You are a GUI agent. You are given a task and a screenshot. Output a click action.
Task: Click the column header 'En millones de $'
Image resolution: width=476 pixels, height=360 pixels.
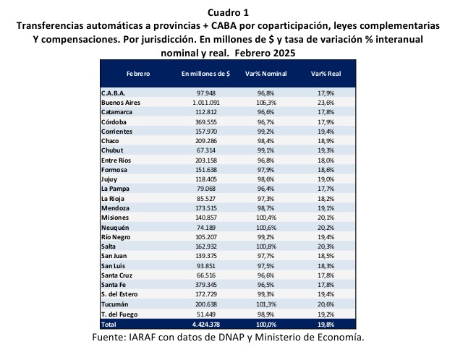point(206,74)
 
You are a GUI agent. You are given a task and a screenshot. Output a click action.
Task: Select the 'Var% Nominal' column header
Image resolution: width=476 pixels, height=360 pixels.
point(266,74)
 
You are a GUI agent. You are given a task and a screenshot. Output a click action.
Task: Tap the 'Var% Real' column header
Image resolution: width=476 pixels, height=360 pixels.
point(326,74)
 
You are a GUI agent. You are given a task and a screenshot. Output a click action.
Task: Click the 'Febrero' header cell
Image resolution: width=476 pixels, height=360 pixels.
point(138,74)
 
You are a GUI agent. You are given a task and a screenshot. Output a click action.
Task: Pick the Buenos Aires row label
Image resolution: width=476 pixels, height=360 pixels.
point(121,103)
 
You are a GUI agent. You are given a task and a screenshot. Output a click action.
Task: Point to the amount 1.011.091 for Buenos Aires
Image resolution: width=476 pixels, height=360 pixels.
point(206,103)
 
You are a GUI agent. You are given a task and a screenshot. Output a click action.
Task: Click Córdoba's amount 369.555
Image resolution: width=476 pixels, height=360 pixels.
point(206,122)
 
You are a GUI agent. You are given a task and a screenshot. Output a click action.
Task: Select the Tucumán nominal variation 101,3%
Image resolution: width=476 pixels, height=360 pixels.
point(266,304)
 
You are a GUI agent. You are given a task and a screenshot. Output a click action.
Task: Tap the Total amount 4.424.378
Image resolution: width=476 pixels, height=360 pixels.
point(206,324)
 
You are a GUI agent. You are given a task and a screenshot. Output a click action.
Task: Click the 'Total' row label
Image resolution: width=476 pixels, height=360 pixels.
point(109,324)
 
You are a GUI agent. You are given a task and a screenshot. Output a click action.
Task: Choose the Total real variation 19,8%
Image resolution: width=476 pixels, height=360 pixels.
point(326,324)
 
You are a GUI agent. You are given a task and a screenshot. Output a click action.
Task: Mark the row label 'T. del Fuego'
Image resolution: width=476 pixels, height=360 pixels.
point(119,314)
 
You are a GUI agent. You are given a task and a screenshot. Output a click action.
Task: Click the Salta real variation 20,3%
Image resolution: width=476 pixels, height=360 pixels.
point(326,247)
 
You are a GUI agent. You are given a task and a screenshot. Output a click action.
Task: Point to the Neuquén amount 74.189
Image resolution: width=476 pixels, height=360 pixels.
point(206,228)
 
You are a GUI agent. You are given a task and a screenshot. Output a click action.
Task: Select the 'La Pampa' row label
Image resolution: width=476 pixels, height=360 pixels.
point(115,189)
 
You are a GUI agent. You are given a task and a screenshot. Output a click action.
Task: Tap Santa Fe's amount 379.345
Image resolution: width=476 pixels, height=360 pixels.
point(206,285)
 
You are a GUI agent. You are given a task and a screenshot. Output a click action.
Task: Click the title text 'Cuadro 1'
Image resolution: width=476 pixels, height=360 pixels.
point(228,12)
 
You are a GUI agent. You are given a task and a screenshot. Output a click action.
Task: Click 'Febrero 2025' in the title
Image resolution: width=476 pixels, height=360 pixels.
point(265,53)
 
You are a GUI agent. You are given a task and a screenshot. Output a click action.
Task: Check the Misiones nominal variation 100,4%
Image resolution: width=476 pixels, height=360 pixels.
point(266,218)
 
